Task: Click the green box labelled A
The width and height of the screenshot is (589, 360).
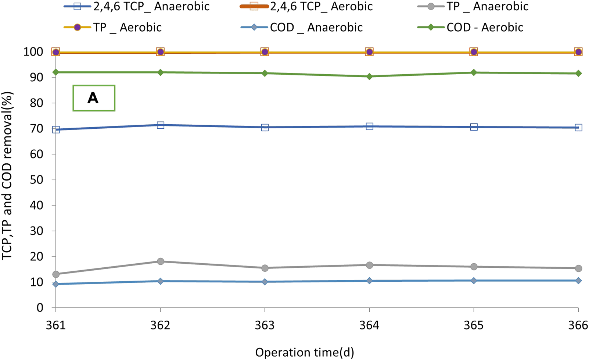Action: (x=94, y=98)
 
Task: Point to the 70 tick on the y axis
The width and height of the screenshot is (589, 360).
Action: (x=37, y=129)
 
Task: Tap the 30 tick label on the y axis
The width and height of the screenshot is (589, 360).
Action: (x=37, y=231)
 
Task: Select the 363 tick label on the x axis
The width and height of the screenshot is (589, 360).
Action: (x=265, y=325)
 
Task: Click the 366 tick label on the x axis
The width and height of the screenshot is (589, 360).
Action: (x=578, y=325)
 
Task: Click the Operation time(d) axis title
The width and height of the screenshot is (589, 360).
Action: (x=304, y=352)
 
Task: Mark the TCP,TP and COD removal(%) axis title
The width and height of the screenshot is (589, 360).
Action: (x=7, y=176)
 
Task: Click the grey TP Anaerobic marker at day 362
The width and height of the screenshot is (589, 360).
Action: (x=160, y=261)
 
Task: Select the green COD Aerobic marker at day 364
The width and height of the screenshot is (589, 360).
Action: (x=369, y=76)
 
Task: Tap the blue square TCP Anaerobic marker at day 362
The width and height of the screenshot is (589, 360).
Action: (x=160, y=125)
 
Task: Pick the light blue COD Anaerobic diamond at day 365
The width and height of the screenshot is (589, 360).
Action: (x=474, y=281)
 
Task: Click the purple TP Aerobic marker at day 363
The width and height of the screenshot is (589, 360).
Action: (x=265, y=52)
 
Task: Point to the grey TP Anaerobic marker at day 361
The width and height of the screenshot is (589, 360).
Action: (x=56, y=274)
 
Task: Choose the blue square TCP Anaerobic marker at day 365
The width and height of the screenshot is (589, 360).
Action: (x=474, y=127)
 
